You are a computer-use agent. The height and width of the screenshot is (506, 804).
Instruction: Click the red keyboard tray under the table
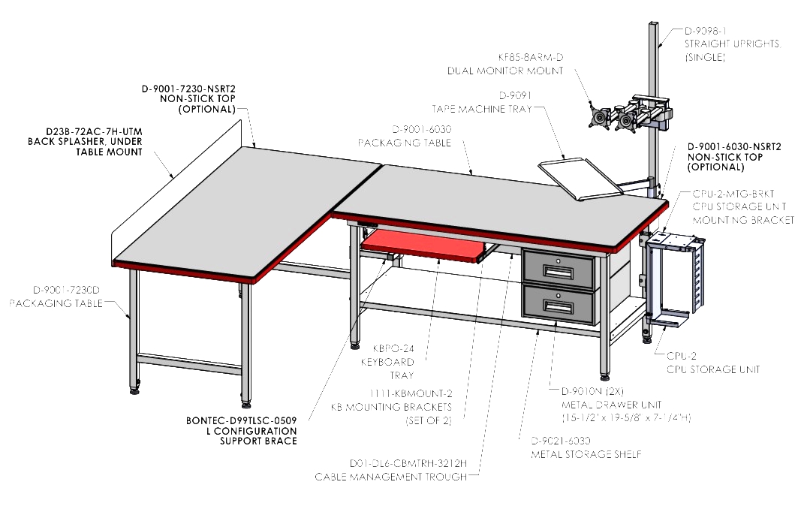point(423,245)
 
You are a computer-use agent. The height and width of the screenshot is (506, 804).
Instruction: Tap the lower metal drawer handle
point(558,306)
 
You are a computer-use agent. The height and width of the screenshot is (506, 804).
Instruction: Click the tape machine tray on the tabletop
point(580,179)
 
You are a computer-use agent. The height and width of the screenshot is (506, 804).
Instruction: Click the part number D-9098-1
point(706,31)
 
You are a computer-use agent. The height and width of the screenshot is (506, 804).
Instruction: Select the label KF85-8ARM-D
point(530,57)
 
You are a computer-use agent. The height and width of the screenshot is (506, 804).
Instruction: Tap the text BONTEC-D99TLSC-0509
point(241,421)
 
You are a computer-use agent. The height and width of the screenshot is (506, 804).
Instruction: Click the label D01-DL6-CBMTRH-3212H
point(408,463)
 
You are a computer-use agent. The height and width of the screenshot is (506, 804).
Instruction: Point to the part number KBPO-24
point(393,348)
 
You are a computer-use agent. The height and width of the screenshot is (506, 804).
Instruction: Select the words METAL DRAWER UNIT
point(604,405)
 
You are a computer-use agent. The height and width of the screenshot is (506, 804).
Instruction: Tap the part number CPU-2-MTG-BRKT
point(733,194)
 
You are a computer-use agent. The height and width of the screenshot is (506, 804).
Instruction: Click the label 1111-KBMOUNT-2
point(411,393)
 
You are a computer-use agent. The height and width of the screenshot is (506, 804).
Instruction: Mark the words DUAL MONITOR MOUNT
point(505,71)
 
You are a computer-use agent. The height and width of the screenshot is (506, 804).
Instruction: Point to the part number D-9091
point(515,95)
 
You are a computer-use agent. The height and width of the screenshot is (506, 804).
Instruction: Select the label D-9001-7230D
point(67,290)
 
